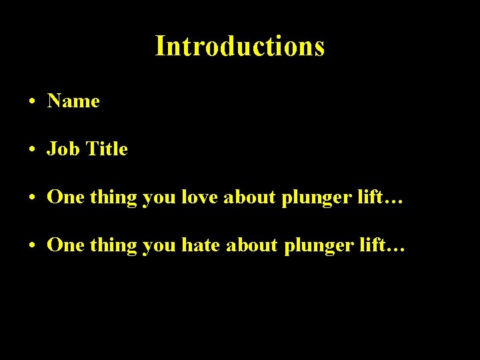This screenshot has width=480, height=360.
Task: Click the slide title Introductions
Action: (x=240, y=46)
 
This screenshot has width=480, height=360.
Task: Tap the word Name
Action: (x=73, y=101)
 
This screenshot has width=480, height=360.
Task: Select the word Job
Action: (x=60, y=149)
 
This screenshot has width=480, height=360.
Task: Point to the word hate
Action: (x=201, y=245)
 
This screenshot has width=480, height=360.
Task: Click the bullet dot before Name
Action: (x=32, y=103)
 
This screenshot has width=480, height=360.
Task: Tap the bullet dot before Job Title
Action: (x=32, y=151)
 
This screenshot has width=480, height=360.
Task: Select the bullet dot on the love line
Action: (x=32, y=199)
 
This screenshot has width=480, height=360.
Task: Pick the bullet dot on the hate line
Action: (x=32, y=247)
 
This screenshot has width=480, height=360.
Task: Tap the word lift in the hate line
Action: (x=368, y=245)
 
